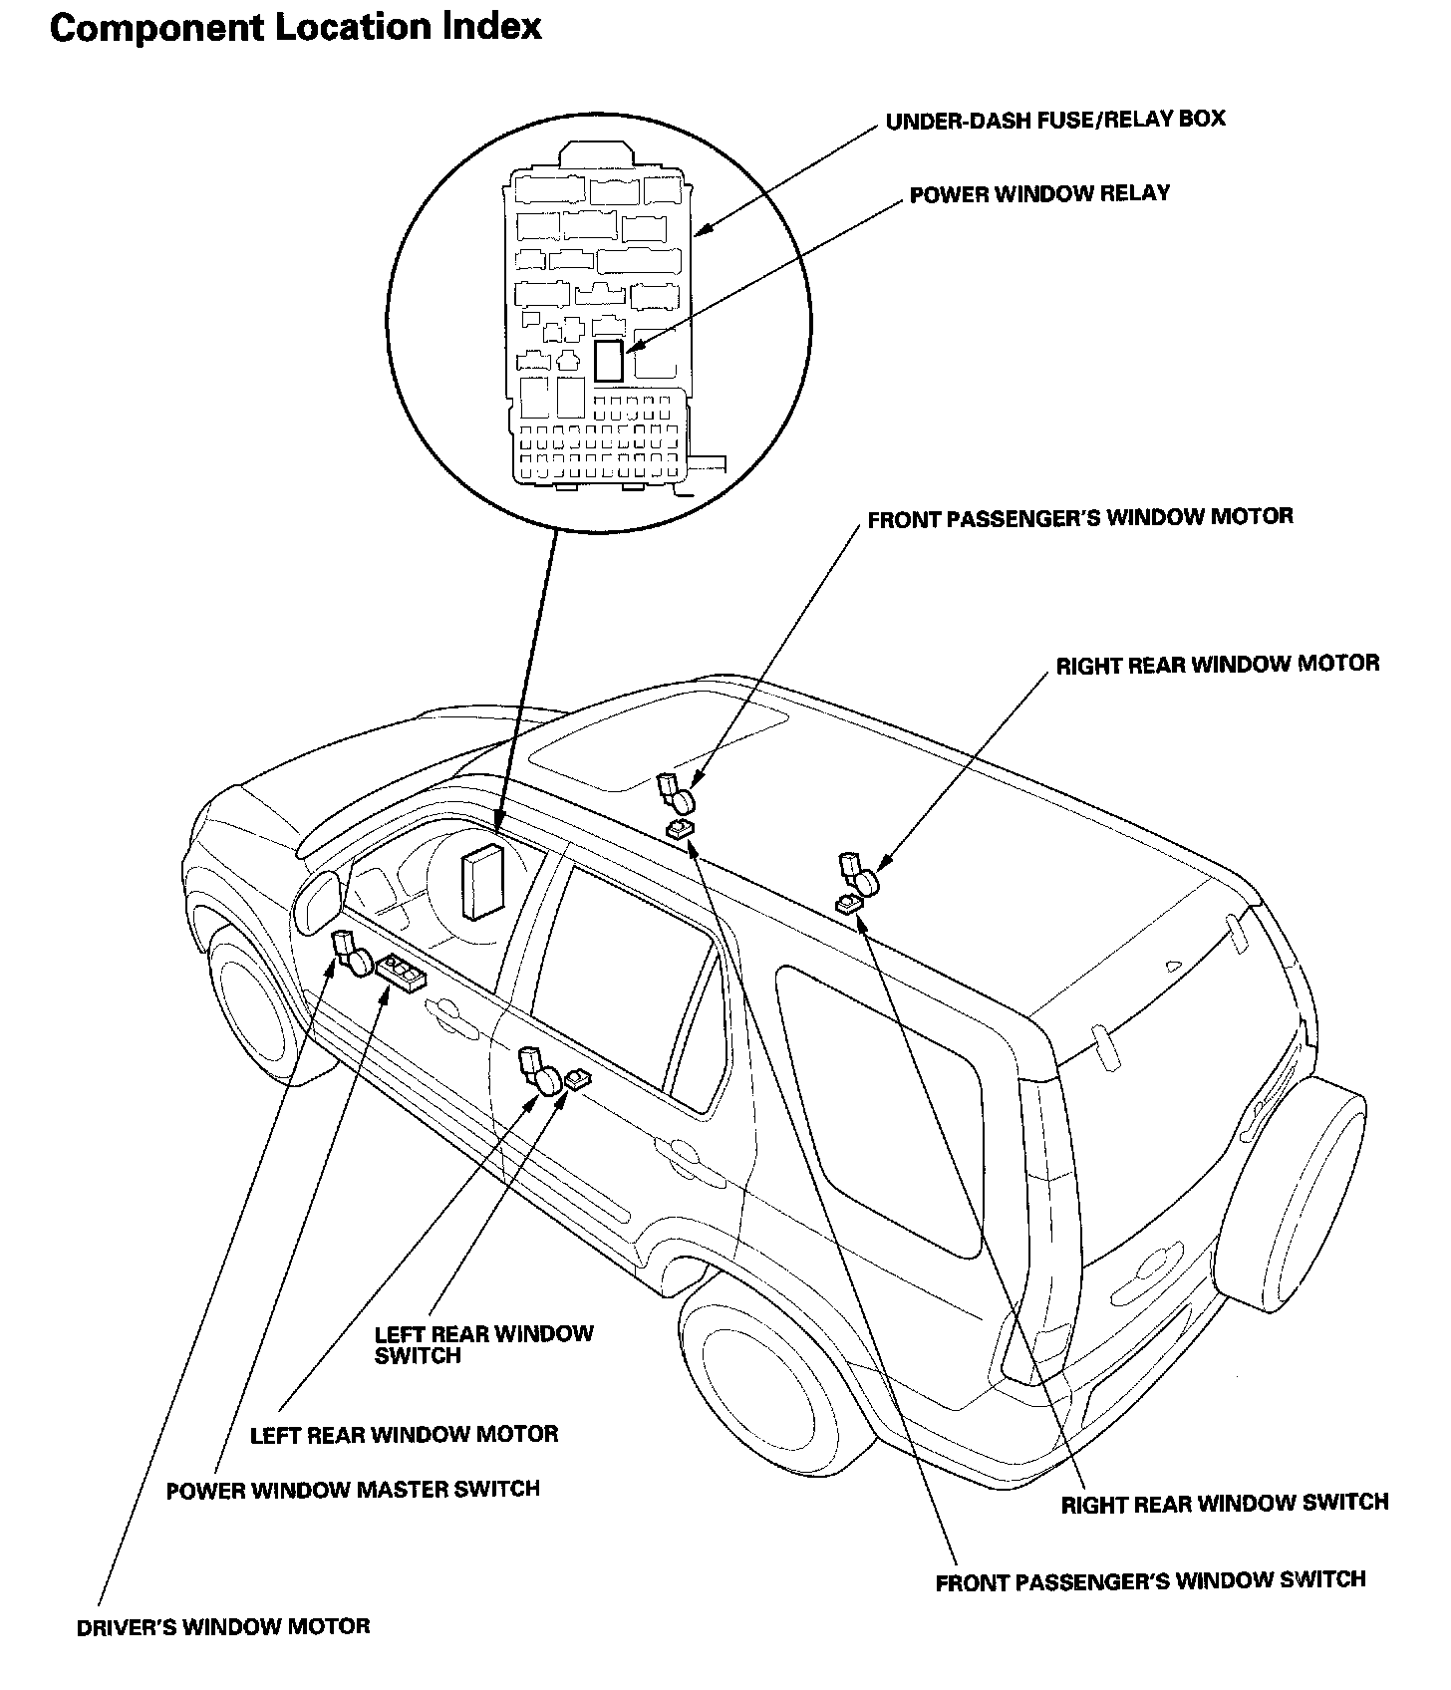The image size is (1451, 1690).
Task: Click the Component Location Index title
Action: tap(295, 27)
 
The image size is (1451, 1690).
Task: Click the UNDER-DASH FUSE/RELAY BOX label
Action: tap(1055, 120)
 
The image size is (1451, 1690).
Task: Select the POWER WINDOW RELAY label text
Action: tap(1039, 193)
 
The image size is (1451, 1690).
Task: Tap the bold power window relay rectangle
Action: tap(608, 360)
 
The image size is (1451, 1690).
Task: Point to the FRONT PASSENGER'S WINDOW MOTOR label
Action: tap(1080, 517)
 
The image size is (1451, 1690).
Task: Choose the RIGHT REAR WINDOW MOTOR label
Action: tap(1218, 664)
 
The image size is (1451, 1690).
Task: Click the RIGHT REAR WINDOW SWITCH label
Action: tap(1224, 1502)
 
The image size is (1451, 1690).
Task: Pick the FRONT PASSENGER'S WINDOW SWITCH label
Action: tap(1150, 1580)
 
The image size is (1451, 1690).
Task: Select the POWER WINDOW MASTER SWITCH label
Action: tap(353, 1490)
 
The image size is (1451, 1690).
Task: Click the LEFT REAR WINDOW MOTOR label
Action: tap(404, 1434)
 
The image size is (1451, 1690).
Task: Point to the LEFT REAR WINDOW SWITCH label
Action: tap(483, 1344)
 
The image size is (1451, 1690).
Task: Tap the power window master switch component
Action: tap(401, 971)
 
